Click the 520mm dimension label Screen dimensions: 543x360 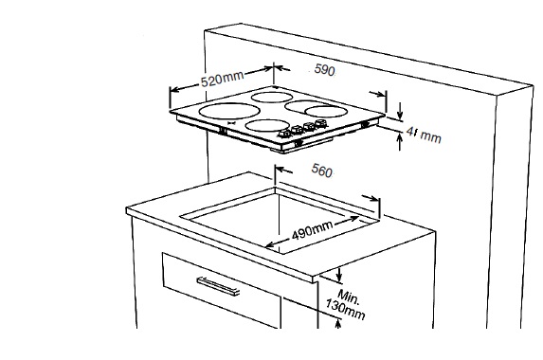pyautogui.click(x=222, y=79)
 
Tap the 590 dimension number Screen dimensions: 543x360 pyautogui.click(x=324, y=70)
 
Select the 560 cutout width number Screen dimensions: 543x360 pyautogui.click(x=321, y=171)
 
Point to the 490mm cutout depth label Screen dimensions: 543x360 pyautogui.click(x=312, y=230)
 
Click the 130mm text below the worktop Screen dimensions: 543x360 pyautogui.click(x=345, y=310)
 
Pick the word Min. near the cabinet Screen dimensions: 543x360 pyautogui.click(x=349, y=297)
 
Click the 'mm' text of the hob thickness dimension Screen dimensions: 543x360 pyautogui.click(x=431, y=136)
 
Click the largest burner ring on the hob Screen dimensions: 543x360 pyautogui.click(x=229, y=111)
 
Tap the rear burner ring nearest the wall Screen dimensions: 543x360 pyautogui.click(x=271, y=97)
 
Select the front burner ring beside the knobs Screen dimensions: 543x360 pyautogui.click(x=266, y=125)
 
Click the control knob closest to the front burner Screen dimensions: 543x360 pyautogui.click(x=285, y=134)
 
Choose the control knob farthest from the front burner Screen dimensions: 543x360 pyautogui.click(x=320, y=123)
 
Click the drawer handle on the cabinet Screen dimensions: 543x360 pyautogui.click(x=218, y=286)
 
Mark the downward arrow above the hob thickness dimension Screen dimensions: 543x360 pyautogui.click(x=400, y=111)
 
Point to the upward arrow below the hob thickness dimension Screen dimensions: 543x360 pyautogui.click(x=400, y=142)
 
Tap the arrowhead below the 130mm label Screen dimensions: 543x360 pyautogui.click(x=338, y=323)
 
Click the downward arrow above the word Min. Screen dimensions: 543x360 pyautogui.click(x=339, y=274)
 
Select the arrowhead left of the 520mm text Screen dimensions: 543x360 pyautogui.click(x=175, y=89)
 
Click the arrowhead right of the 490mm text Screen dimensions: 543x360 pyautogui.click(x=354, y=219)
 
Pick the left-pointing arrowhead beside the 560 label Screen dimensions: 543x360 pyautogui.click(x=281, y=170)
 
